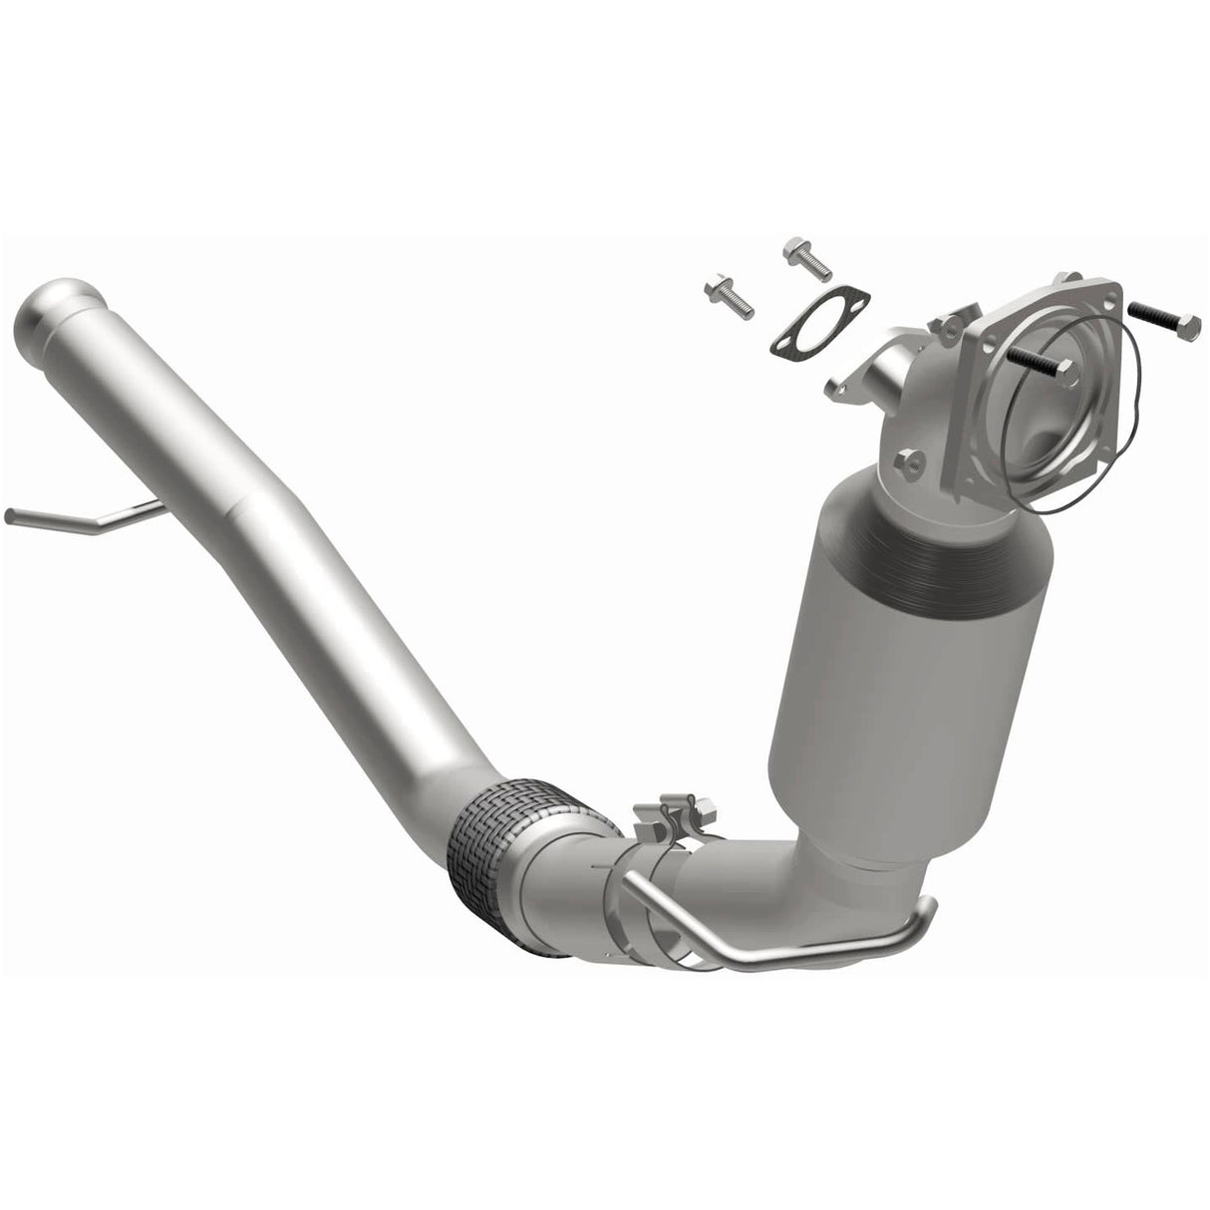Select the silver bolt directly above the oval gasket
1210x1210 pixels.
tap(807, 257)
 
